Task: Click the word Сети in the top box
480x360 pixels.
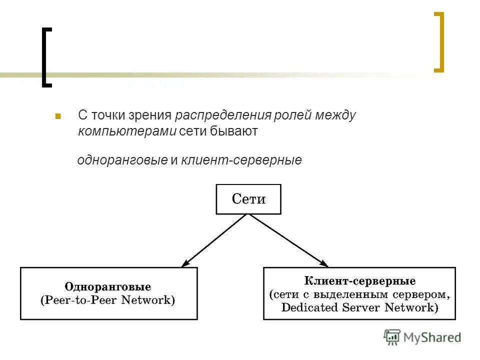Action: pos(248,199)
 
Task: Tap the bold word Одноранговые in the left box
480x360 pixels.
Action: pos(108,287)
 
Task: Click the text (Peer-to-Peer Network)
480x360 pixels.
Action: pos(108,300)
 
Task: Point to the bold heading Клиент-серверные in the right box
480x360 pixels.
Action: pos(359,280)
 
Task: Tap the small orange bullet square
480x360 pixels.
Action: pos(58,116)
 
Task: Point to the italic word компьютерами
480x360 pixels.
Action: pos(127,131)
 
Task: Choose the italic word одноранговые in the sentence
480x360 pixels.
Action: pos(122,160)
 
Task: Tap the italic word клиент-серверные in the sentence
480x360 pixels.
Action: pos(241,160)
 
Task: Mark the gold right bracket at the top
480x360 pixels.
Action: pos(439,42)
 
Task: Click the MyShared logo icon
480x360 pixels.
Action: pos(392,337)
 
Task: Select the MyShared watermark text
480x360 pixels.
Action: pos(432,337)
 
